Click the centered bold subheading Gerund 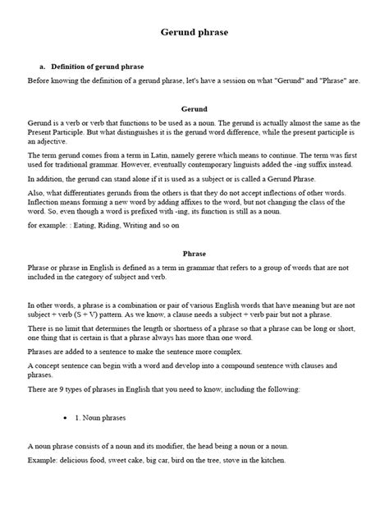coord(194,108)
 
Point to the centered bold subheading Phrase coord(194,255)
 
